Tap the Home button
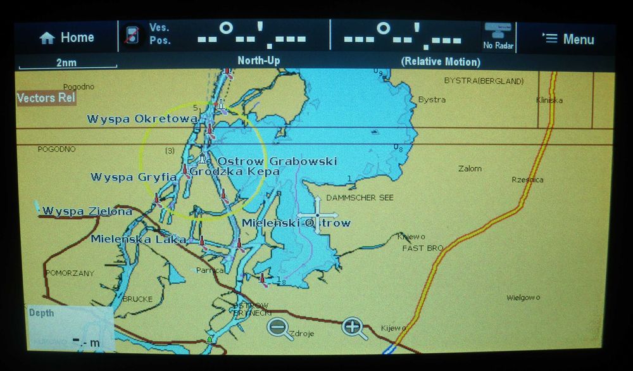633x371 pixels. click(x=66, y=38)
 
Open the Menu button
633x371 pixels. click(x=568, y=39)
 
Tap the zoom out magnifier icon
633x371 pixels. click(x=279, y=327)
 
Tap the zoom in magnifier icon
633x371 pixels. click(x=354, y=327)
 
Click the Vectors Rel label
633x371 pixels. click(x=46, y=98)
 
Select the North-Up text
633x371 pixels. click(x=258, y=61)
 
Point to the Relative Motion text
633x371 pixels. click(x=441, y=62)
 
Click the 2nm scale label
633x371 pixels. click(x=67, y=62)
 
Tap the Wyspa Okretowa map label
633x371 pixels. click(x=142, y=119)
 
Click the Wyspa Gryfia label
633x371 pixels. click(x=134, y=177)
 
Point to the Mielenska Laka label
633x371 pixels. click(x=138, y=239)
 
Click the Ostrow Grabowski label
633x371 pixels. click(x=277, y=161)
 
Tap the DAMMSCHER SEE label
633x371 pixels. click(x=360, y=198)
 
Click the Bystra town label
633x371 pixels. click(x=432, y=100)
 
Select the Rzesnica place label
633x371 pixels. click(x=527, y=180)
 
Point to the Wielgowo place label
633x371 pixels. click(x=523, y=298)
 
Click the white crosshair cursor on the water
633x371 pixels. click(x=317, y=215)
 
